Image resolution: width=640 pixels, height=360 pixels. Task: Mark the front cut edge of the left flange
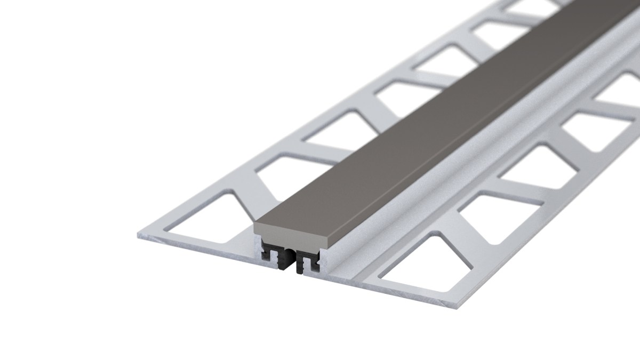192,251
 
